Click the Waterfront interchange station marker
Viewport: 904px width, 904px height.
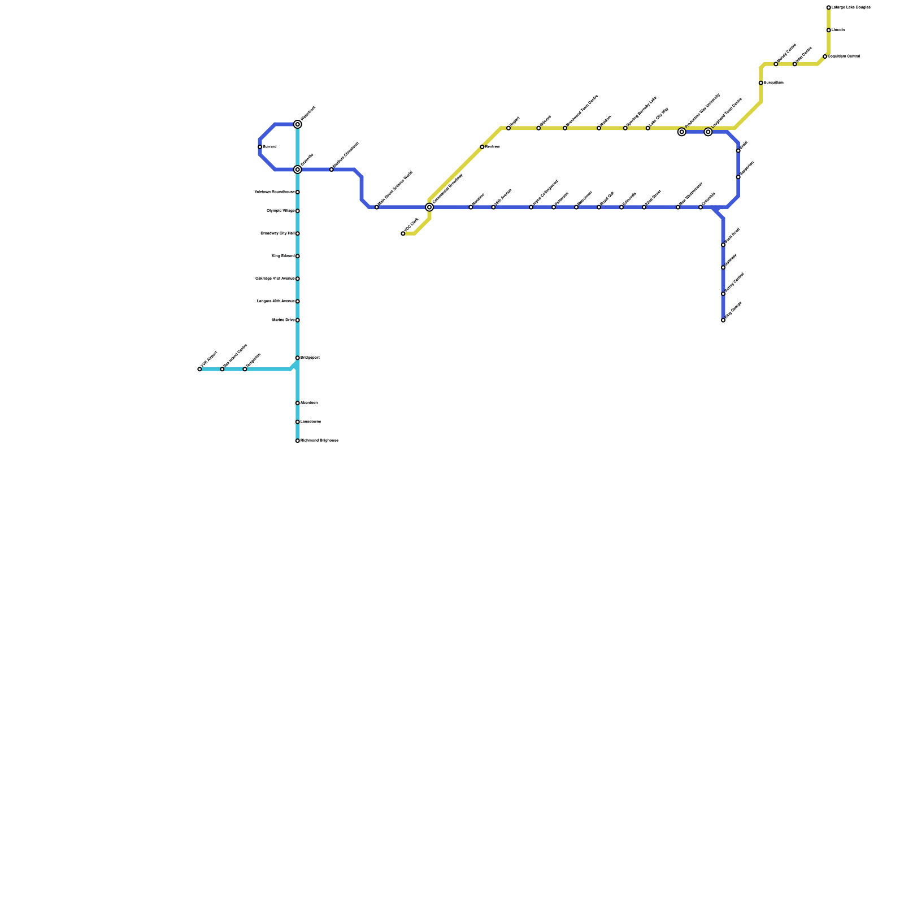point(298,124)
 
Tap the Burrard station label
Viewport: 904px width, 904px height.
point(270,147)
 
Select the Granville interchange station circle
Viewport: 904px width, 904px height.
point(298,169)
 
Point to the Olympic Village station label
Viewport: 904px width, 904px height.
point(281,211)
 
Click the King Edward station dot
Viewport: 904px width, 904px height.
point(298,256)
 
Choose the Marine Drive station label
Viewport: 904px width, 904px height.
point(283,320)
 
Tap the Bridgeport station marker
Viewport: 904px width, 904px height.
point(298,358)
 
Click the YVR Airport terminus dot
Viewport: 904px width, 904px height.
point(199,369)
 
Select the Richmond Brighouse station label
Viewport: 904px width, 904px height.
point(319,441)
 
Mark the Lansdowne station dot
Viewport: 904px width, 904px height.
point(298,422)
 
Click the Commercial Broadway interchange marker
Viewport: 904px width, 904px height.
point(429,207)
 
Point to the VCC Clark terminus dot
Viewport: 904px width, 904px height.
point(403,233)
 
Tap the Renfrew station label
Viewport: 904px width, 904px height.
point(478,199)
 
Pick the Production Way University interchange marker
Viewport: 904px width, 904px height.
point(682,132)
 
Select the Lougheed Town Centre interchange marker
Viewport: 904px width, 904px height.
point(708,132)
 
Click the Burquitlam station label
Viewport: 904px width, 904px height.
point(774,83)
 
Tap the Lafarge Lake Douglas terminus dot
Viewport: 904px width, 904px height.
point(829,7)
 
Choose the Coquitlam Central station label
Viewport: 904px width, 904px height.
point(845,56)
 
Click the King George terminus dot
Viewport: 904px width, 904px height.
point(723,320)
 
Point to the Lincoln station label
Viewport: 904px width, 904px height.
point(838,30)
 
